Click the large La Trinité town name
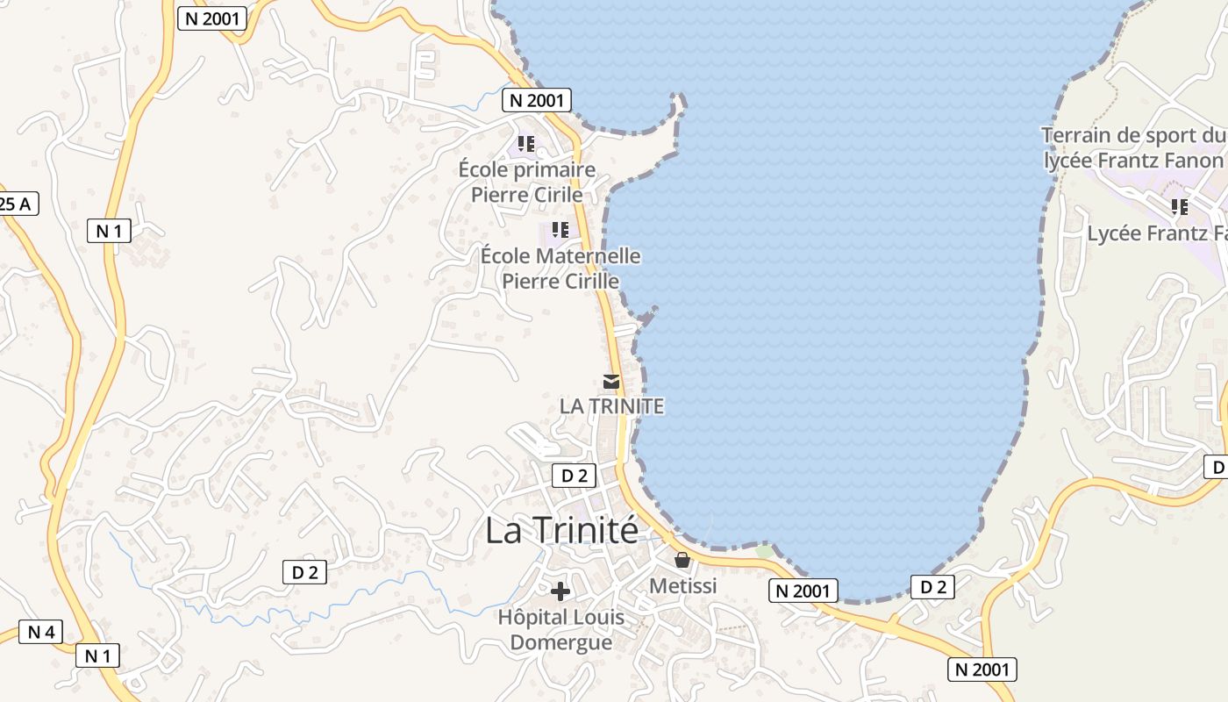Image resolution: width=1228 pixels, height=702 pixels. pyautogui.click(x=561, y=530)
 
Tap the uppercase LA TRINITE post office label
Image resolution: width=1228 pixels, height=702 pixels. pyautogui.click(x=611, y=406)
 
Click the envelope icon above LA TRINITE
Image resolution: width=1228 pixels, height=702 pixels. pyautogui.click(x=610, y=382)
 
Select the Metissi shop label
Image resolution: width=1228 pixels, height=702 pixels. pyautogui.click(x=682, y=585)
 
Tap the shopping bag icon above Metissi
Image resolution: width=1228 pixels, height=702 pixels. pyautogui.click(x=682, y=560)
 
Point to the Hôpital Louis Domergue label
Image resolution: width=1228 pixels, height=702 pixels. pyautogui.click(x=561, y=629)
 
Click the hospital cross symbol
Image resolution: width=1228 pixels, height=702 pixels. pyautogui.click(x=560, y=591)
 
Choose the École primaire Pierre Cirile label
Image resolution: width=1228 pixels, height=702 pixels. pyautogui.click(x=527, y=182)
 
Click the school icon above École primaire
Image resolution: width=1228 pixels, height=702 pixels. pyautogui.click(x=526, y=143)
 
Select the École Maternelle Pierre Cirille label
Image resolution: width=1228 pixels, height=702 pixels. pyautogui.click(x=560, y=269)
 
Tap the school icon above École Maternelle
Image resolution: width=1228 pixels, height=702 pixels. pyautogui.click(x=560, y=230)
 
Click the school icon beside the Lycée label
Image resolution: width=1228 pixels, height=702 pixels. pyautogui.click(x=1180, y=207)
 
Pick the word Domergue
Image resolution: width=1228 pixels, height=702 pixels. pyautogui.click(x=561, y=641)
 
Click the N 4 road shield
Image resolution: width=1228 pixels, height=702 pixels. pyautogui.click(x=41, y=632)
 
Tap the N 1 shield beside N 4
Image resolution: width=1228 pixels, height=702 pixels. pyautogui.click(x=97, y=655)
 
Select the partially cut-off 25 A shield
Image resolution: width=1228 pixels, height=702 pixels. pyautogui.click(x=17, y=204)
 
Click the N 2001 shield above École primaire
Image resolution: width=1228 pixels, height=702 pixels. pyautogui.click(x=537, y=100)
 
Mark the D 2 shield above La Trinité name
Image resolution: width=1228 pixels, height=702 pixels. pyautogui.click(x=574, y=476)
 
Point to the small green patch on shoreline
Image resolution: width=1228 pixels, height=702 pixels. pyautogui.click(x=765, y=551)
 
